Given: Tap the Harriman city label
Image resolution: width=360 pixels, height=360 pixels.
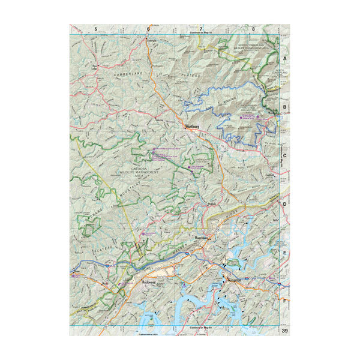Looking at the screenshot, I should (x=202, y=238).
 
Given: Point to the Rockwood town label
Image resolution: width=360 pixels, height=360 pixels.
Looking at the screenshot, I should (x=149, y=280).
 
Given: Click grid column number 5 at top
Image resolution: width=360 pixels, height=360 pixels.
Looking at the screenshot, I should (x=95, y=29).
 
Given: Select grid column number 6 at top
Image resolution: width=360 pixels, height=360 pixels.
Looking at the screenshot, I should (x=148, y=29).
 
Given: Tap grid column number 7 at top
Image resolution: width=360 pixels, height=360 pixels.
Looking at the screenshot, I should (x=201, y=29).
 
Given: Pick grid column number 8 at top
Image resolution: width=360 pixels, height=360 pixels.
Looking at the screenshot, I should (x=254, y=29).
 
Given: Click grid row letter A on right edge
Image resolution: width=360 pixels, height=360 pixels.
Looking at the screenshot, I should (x=285, y=58).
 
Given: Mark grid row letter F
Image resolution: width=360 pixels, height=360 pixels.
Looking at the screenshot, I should (x=285, y=301).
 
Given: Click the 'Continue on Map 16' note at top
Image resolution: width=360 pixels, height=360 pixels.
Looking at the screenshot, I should (x=202, y=33).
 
